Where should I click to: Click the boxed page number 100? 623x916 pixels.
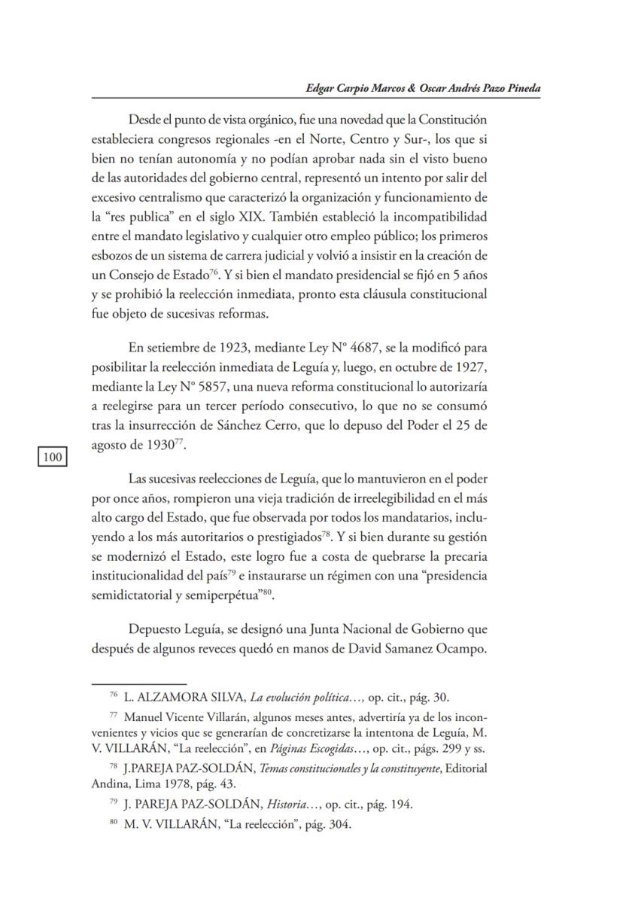click(x=52, y=456)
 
